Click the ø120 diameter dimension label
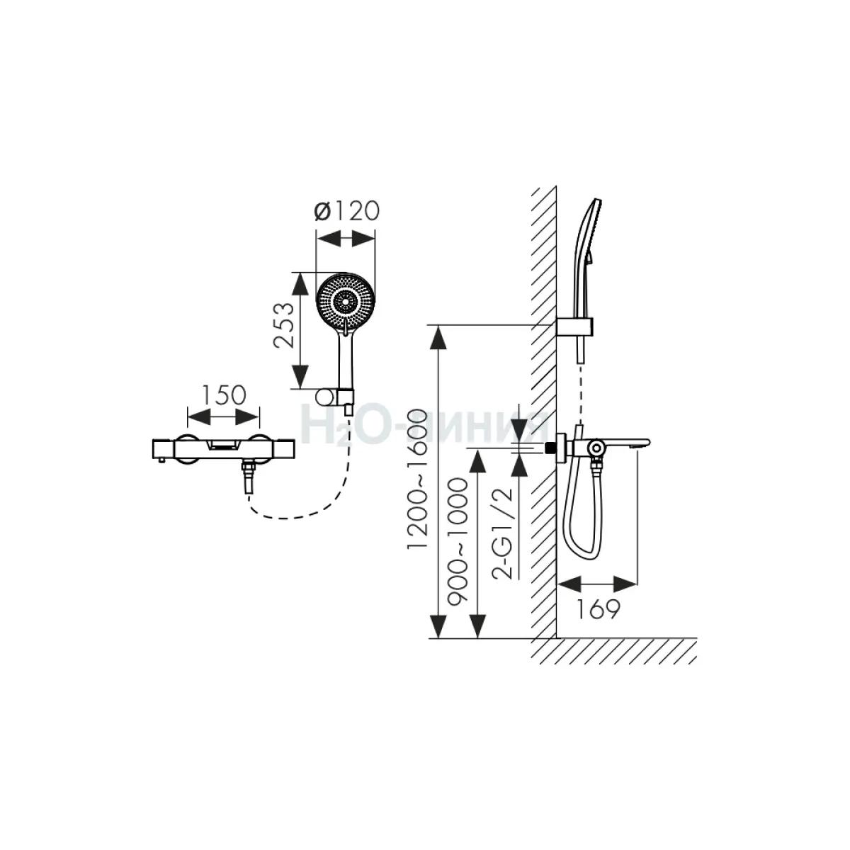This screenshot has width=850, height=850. click(346, 211)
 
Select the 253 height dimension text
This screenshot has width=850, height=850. click(283, 326)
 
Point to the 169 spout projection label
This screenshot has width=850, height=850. click(598, 610)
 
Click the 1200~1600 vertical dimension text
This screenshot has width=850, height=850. click(417, 480)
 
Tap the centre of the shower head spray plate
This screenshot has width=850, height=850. click(346, 302)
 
